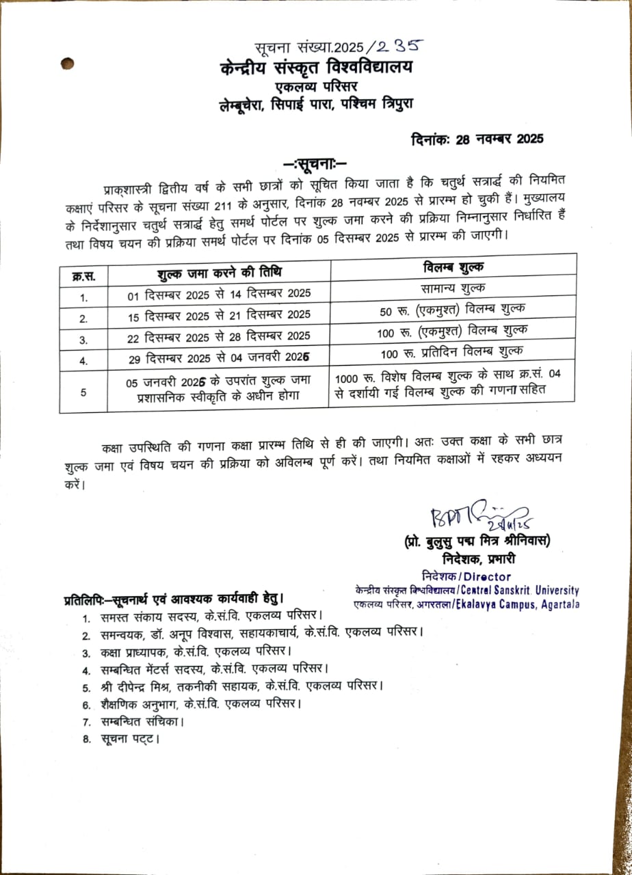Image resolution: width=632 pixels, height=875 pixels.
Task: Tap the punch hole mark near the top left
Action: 67,64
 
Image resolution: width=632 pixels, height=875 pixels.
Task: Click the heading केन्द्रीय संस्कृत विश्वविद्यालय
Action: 317,68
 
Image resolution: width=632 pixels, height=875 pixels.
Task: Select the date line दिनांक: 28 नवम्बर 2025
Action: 477,139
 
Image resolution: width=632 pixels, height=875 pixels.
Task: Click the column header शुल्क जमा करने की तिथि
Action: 219,271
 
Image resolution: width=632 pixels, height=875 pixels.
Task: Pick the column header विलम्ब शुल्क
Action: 453,267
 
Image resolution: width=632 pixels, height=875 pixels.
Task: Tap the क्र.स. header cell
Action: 83,277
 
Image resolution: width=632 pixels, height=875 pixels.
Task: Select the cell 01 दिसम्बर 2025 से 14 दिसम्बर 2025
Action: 219,293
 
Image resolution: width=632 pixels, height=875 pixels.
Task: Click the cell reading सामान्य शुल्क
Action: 453,288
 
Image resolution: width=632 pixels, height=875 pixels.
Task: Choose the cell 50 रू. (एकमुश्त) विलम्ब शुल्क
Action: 453,309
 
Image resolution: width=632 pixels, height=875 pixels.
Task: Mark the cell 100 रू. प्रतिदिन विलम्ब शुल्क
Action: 453,351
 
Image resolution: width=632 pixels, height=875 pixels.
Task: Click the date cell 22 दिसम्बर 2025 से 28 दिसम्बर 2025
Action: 219,336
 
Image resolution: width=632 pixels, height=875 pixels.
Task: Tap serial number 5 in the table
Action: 83,392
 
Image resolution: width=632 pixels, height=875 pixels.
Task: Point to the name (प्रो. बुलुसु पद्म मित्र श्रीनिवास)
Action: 477,541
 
